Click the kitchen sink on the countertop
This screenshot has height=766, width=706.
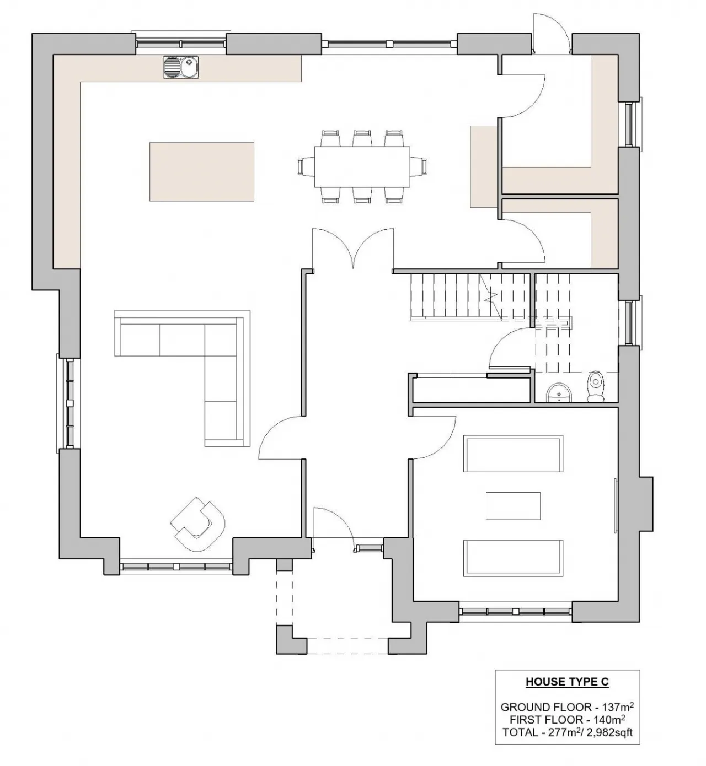[x=181, y=67]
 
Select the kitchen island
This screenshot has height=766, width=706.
[x=202, y=171]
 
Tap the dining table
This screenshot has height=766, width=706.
[x=362, y=167]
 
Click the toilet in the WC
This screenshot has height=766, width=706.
[x=595, y=386]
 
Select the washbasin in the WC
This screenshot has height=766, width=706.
[x=559, y=393]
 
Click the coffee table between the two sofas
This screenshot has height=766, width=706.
[x=513, y=505]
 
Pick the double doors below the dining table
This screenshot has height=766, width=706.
[x=353, y=248]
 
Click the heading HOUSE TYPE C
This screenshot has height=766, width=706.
[x=567, y=682]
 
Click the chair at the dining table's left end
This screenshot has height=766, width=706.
[x=306, y=167]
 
